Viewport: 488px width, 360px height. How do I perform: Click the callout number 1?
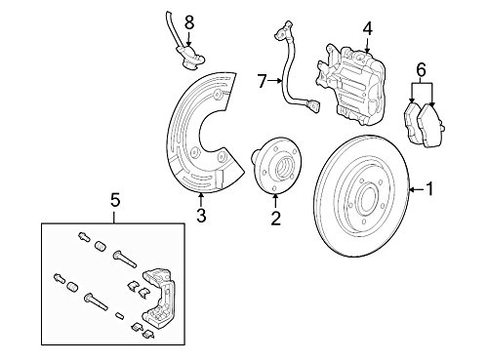click(x=429, y=189)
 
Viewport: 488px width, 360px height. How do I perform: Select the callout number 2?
click(x=275, y=219)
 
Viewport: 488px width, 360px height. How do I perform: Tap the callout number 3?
click(x=201, y=216)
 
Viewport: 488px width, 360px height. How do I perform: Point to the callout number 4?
click(x=367, y=28)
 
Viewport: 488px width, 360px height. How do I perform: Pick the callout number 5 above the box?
click(x=115, y=200)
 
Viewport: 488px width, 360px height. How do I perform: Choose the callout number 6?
click(x=421, y=69)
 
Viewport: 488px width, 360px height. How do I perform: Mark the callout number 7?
click(x=263, y=81)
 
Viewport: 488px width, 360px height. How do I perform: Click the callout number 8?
click(x=189, y=22)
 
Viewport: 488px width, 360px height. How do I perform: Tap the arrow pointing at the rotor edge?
click(x=417, y=189)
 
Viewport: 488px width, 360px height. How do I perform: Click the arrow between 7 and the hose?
click(x=275, y=81)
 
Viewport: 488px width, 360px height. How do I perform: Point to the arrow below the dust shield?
click(x=201, y=200)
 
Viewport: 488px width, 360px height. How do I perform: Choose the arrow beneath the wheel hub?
click(x=275, y=202)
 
